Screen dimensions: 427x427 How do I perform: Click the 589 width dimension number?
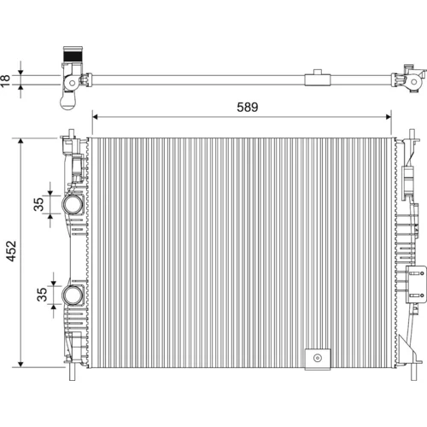click(x=248, y=107)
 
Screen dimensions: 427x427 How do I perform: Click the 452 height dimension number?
click(x=12, y=251)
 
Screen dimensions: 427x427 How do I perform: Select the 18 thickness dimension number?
click(x=5, y=80)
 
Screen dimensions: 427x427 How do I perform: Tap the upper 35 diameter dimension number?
click(x=38, y=204)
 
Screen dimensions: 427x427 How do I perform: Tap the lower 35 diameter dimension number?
click(x=42, y=295)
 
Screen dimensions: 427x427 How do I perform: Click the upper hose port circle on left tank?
click(x=73, y=205)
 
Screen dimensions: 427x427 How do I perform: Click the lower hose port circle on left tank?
click(x=73, y=295)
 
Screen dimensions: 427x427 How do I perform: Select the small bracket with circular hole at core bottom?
click(x=318, y=360)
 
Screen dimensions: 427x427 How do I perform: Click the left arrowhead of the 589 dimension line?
click(x=95, y=117)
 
